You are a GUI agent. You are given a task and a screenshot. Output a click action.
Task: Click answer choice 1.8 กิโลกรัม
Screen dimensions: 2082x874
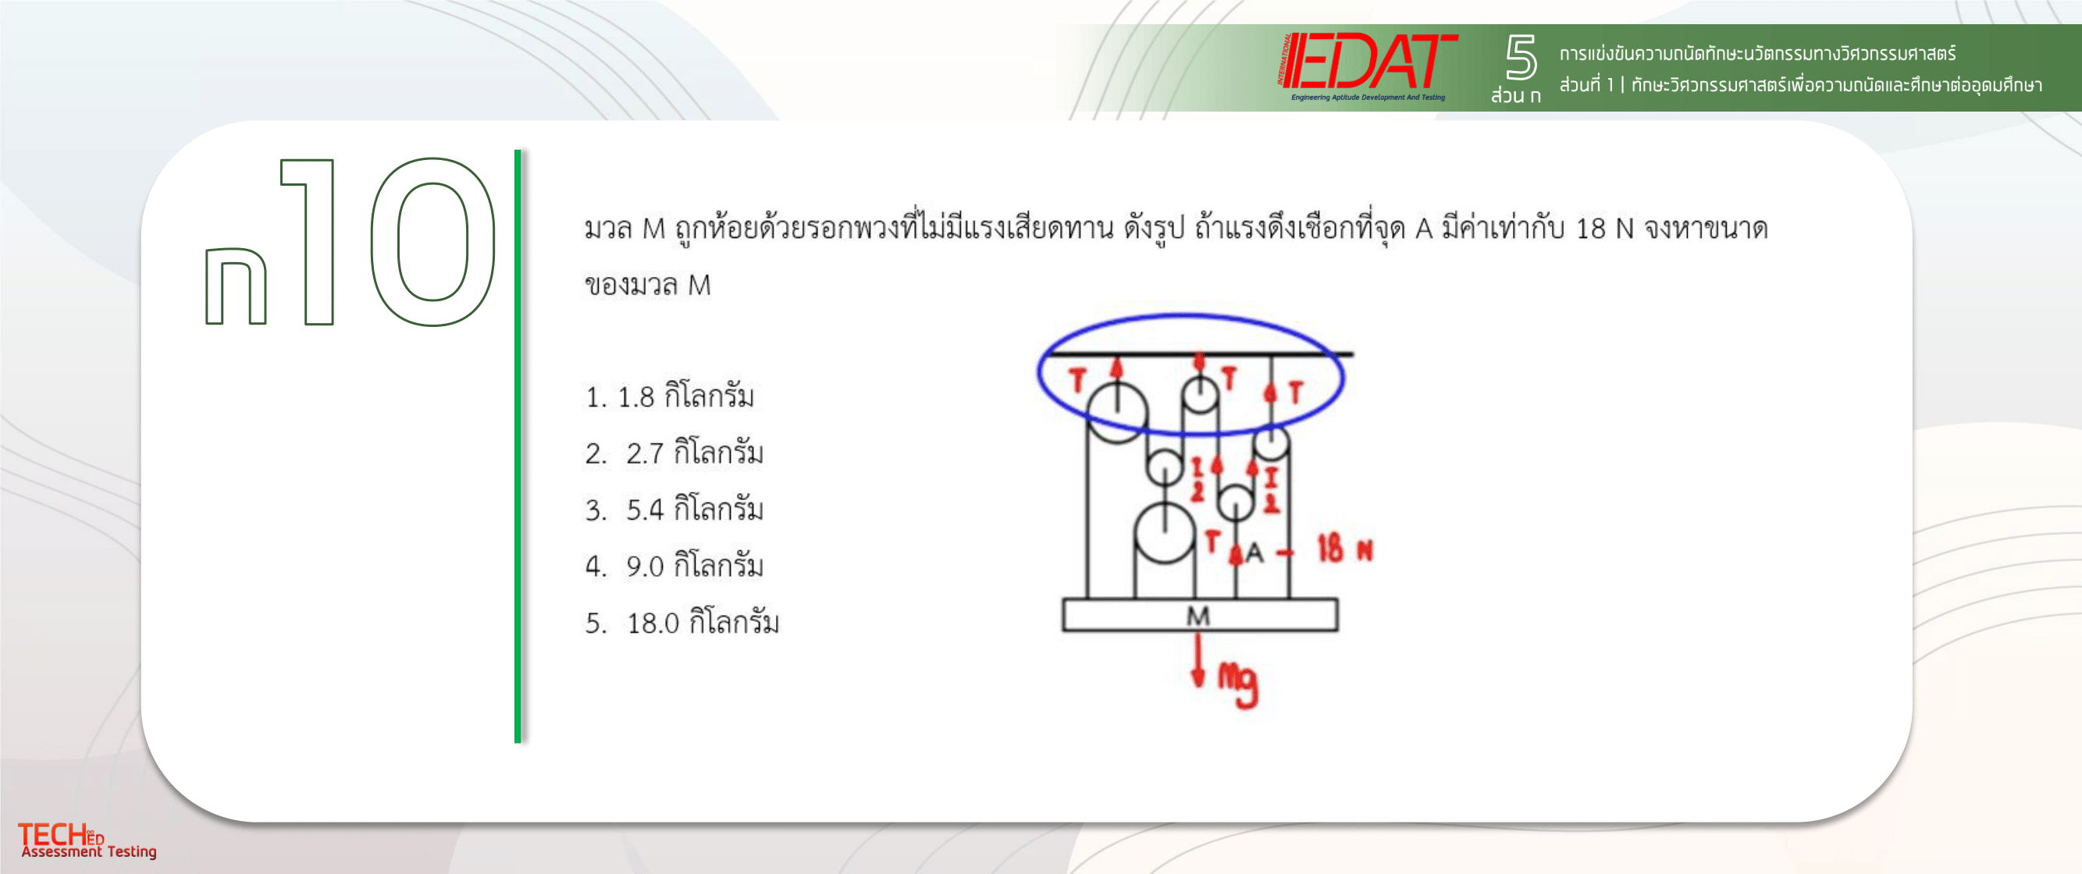pyautogui.click(x=669, y=396)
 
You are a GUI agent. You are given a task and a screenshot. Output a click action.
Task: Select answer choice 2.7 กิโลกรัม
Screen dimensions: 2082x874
pyautogui.click(x=674, y=453)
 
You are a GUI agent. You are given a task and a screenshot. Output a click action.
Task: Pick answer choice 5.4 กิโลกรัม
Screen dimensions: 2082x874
pyautogui.click(x=674, y=510)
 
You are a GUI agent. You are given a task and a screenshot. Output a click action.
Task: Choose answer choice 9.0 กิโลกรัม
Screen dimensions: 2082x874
pyautogui.click(x=674, y=567)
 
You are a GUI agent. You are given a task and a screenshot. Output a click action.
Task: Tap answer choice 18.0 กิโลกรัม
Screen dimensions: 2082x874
pyautogui.click(x=682, y=623)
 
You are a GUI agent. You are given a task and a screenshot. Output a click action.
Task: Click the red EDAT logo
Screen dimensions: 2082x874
pyautogui.click(x=1368, y=65)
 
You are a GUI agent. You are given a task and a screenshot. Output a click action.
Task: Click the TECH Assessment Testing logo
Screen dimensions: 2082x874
pyautogui.click(x=87, y=841)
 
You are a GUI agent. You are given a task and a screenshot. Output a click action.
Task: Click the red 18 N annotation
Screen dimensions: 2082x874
pyautogui.click(x=1345, y=549)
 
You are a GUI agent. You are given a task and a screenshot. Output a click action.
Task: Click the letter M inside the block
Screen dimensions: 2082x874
pyautogui.click(x=1198, y=616)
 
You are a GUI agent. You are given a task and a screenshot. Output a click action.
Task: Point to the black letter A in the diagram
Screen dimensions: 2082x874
pyautogui.click(x=1255, y=552)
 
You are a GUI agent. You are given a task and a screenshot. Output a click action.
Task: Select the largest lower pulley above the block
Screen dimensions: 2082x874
pyautogui.click(x=1165, y=533)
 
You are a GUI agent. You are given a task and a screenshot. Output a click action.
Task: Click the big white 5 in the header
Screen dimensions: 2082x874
pyautogui.click(x=1520, y=57)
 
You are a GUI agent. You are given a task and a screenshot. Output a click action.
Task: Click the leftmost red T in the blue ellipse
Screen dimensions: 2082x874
pyautogui.click(x=1077, y=381)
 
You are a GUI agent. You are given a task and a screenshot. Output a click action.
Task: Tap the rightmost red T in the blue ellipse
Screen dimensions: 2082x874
pyautogui.click(x=1297, y=393)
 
